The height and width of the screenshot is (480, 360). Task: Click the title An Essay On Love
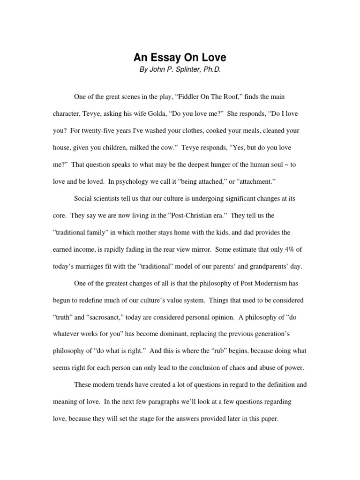[x=180, y=58]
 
